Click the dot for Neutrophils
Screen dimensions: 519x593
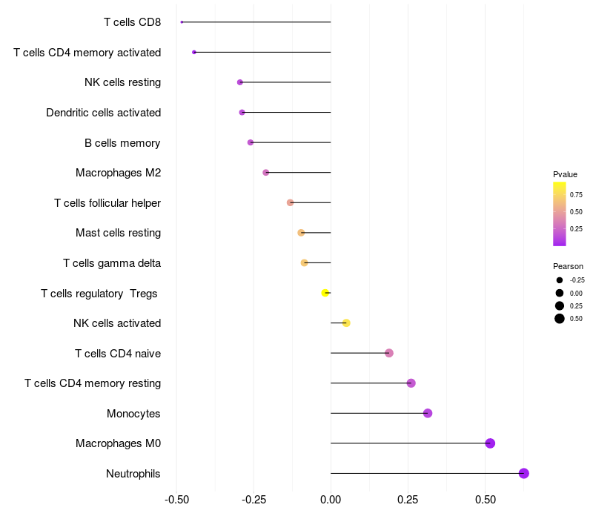523,473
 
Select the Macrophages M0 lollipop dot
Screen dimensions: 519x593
490,443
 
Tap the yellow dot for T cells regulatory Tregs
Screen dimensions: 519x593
325,293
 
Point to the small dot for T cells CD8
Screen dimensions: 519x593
182,22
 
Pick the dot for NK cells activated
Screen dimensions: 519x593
346,323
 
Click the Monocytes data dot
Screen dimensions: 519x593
428,413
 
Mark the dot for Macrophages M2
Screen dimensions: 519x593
266,173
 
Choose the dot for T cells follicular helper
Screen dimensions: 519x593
291,202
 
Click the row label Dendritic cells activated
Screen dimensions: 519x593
103,113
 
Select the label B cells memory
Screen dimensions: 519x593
122,143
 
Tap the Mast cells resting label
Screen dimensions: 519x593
118,233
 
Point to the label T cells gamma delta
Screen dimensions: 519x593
112,263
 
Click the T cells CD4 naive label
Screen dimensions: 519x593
118,353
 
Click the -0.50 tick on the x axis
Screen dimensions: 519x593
176,500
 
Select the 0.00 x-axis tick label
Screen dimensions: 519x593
331,500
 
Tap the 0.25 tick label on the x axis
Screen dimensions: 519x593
408,500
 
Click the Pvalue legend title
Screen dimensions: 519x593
565,174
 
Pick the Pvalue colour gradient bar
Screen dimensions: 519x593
560,214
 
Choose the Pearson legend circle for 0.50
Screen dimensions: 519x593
560,319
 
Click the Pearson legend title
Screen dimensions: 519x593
568,266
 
